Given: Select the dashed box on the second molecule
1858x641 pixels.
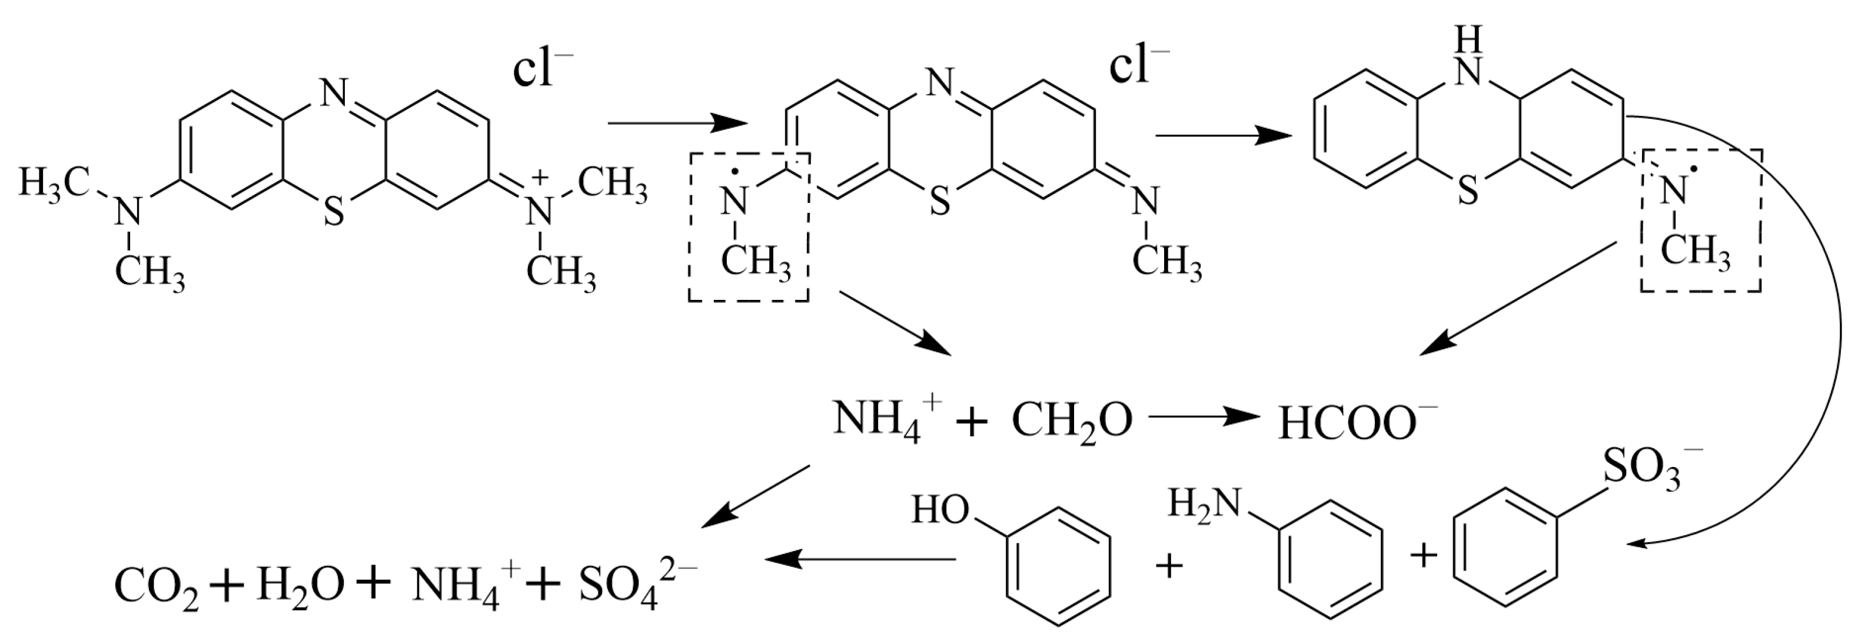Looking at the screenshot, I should [x=749, y=226].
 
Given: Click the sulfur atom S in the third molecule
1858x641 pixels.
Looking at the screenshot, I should [x=1468, y=191].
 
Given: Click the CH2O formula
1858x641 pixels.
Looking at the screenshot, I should [x=1072, y=421].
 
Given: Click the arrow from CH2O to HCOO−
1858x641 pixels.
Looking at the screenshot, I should [x=1202, y=417].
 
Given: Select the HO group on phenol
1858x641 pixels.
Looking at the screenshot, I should [x=940, y=510].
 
